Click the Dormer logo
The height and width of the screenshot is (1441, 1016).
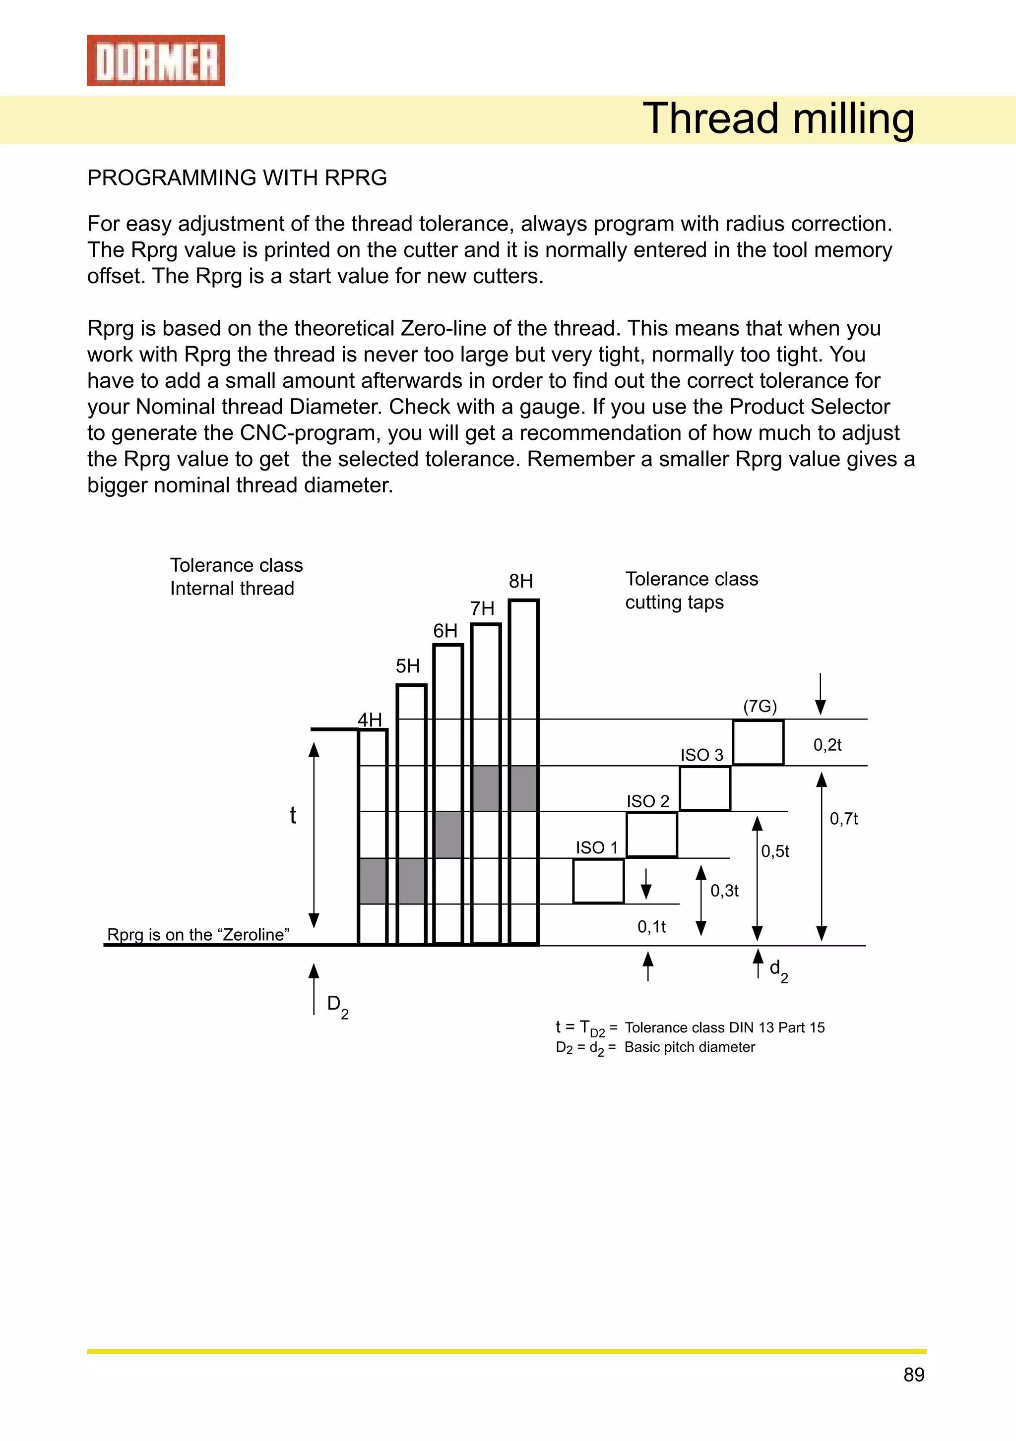[x=156, y=60]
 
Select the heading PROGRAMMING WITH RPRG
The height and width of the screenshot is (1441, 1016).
[x=237, y=178]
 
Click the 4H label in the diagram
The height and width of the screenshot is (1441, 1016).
[x=370, y=720]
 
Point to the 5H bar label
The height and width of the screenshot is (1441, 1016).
[x=407, y=666]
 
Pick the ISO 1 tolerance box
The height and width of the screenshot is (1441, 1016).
[x=598, y=881]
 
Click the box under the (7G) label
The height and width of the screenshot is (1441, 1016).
[x=758, y=742]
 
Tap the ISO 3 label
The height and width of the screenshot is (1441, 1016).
[x=701, y=755]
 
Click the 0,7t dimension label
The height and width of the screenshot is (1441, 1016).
[x=843, y=818]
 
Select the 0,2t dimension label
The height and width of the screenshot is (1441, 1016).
[x=827, y=745]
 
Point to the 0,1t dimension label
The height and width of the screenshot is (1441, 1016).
[x=651, y=927]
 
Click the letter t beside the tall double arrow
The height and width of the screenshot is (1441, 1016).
[x=293, y=815]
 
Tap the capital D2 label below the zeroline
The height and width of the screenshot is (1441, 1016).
[x=337, y=1006]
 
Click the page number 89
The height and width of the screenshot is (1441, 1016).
[x=914, y=1375]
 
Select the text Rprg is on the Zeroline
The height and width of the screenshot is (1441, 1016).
[x=198, y=935]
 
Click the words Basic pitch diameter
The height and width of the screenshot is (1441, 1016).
[x=690, y=1047]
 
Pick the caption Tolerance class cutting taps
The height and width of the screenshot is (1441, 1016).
[x=691, y=590]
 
